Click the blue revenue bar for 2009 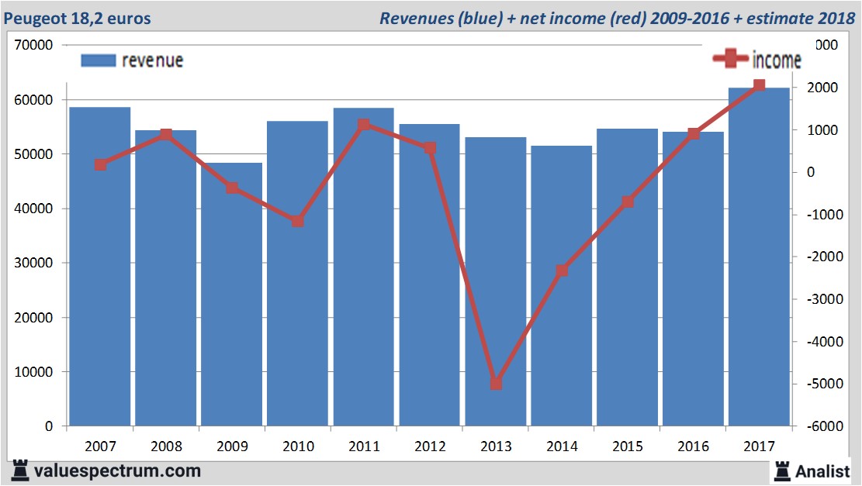232,295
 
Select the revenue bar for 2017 759,257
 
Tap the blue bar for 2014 562,286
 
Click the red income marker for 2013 497,384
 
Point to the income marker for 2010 298,222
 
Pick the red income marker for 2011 364,125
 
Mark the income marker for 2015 628,202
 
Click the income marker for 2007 101,164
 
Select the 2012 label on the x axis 430,446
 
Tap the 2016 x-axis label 693,446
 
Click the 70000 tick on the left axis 33,45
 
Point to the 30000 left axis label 33,263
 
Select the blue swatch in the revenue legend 98,60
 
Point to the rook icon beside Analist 781,470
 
